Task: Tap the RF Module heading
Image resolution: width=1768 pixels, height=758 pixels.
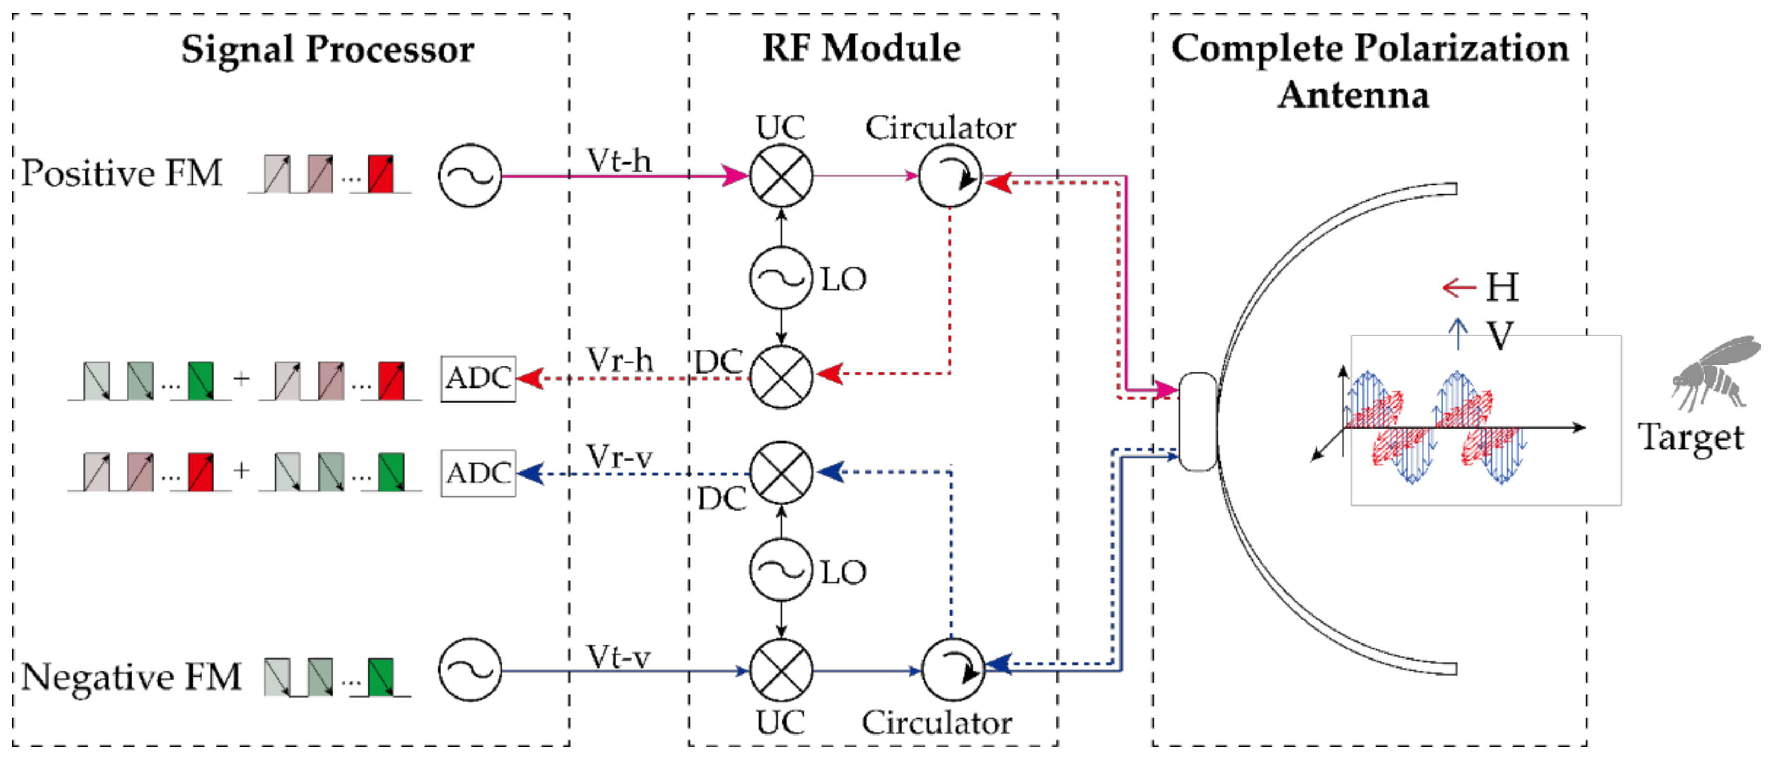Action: [x=862, y=48]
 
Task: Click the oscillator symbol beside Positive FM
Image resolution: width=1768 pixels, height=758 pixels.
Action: [x=470, y=176]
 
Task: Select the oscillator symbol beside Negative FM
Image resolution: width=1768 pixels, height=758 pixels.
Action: [x=470, y=670]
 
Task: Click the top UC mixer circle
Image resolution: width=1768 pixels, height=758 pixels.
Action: [x=781, y=176]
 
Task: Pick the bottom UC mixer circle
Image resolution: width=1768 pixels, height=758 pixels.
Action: [x=781, y=670]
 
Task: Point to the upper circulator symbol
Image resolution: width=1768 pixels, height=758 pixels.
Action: [x=950, y=176]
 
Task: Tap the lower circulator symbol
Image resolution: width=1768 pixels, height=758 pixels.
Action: [x=952, y=670]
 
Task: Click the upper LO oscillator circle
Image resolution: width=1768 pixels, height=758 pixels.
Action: [x=781, y=278]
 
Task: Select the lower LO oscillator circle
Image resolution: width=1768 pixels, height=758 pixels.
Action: [x=781, y=571]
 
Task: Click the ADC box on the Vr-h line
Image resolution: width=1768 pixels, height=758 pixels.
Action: [x=478, y=378]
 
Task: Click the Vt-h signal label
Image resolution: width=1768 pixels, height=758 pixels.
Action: [x=619, y=161]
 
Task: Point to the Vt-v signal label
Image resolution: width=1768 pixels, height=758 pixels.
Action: [x=619, y=657]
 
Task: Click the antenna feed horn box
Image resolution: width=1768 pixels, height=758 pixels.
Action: [x=1198, y=422]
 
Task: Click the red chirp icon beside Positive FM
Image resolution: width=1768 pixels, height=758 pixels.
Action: [x=381, y=173]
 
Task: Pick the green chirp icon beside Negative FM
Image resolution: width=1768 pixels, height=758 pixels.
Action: [x=381, y=677]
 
